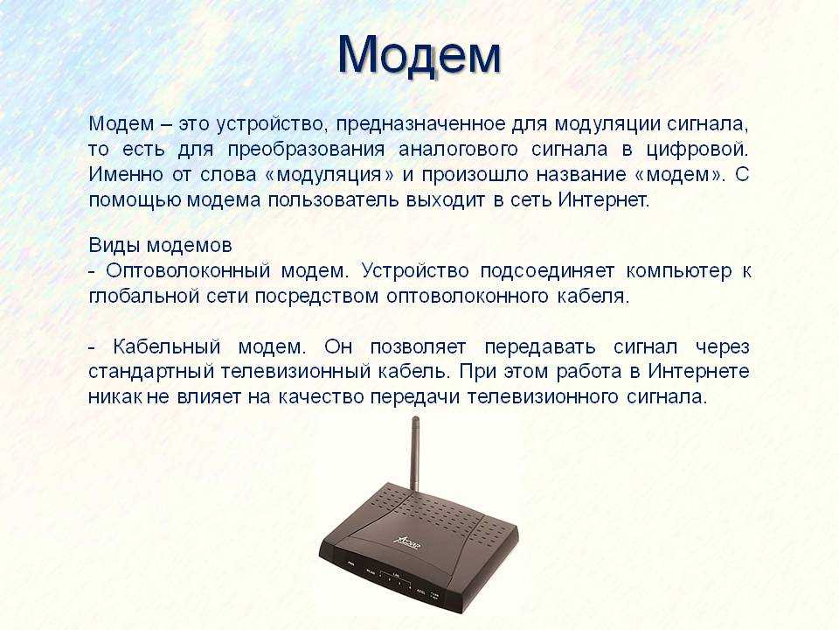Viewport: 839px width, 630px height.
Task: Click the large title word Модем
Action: [419, 55]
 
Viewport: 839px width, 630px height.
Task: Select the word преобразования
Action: [306, 150]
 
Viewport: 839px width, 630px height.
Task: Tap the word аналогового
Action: [458, 150]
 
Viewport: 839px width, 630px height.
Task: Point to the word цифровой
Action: [697, 150]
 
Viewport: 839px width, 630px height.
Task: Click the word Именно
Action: [125, 175]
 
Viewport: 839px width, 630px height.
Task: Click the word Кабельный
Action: [166, 346]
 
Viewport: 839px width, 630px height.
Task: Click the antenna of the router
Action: [414, 453]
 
